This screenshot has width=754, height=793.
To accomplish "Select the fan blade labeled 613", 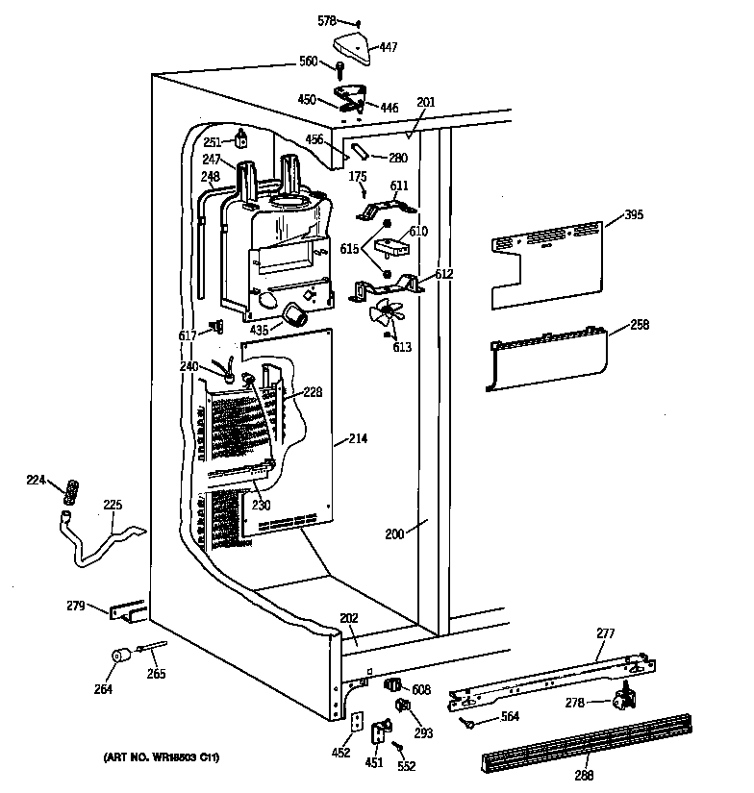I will click(388, 315).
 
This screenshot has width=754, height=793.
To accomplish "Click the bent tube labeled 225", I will click(106, 543).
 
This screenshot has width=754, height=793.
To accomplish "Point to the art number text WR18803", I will click(162, 758).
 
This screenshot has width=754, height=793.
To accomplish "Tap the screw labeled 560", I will click(339, 68).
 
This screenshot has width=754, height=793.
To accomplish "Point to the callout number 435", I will click(258, 330).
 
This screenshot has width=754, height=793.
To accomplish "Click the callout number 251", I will click(212, 142).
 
